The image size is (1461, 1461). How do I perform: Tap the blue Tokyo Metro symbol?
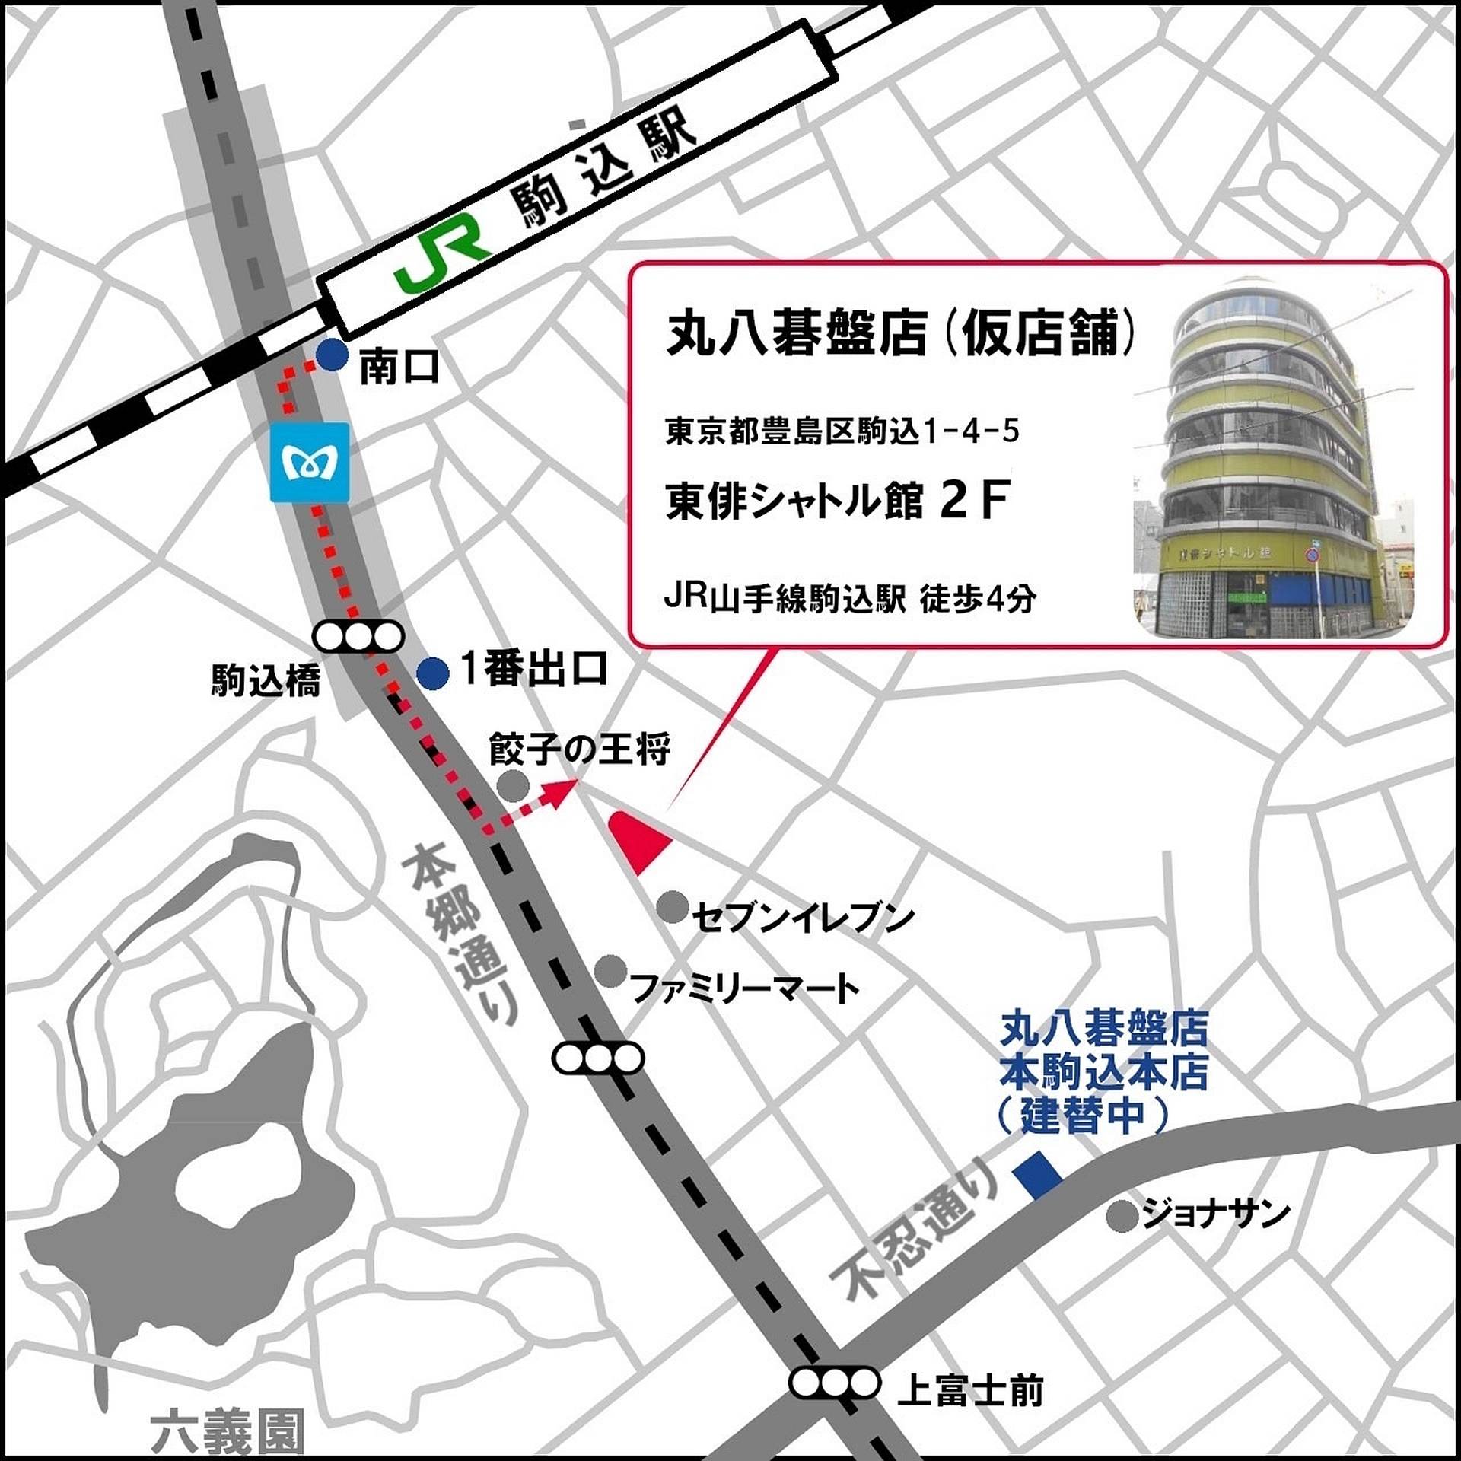pos(310,462)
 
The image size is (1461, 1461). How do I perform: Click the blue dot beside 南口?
pos(332,355)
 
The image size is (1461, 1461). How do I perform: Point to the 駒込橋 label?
pos(266,681)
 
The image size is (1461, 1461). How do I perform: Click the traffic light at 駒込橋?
pos(359,637)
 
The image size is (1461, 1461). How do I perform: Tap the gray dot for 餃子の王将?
pos(513,785)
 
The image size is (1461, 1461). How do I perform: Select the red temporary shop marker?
pos(639,840)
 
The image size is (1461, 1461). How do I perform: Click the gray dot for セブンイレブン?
pos(672,907)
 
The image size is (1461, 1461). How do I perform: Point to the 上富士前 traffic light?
pos(835,1383)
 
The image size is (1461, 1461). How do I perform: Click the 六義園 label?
pos(228,1431)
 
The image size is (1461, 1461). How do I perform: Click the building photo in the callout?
pos(1275,457)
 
